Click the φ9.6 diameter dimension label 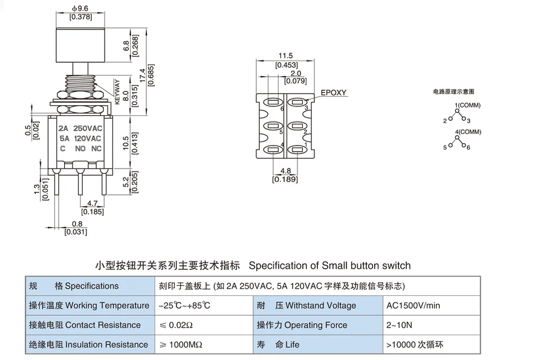click(80, 8)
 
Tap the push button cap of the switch click(80, 45)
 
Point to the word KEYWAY click(117, 92)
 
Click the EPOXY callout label click(334, 92)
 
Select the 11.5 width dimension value click(286, 56)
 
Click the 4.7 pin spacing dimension click(92, 204)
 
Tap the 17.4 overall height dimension click(143, 75)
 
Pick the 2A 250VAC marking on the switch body click(80, 128)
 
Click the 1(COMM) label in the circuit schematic click(468, 105)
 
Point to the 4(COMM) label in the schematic click(468, 132)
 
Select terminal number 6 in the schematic click(468, 147)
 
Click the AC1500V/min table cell click(413, 306)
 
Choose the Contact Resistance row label click(85, 325)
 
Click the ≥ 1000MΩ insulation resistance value click(181, 344)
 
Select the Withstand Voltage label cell click(306, 306)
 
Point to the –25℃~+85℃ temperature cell click(184, 306)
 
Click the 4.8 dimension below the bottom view click(285, 171)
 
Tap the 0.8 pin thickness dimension click(77, 224)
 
